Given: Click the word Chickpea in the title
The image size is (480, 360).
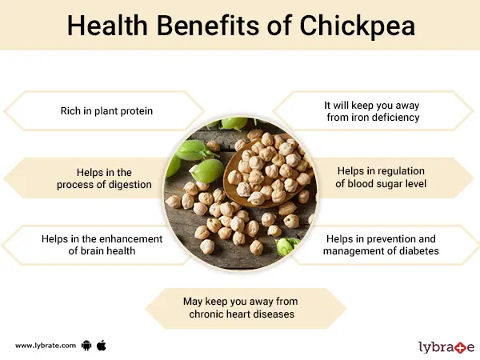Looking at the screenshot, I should [x=352, y=26].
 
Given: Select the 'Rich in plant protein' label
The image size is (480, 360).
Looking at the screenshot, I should [x=106, y=110].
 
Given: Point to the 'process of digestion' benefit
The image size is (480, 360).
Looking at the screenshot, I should [x=104, y=178].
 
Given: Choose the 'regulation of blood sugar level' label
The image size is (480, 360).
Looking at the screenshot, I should [x=373, y=178].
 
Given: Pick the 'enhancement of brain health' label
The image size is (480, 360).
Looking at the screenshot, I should [x=102, y=245].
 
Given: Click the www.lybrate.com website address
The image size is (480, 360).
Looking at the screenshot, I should [x=46, y=345].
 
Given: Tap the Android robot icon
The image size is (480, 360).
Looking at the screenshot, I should [x=86, y=345].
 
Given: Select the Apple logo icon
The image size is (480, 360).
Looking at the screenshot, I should [x=102, y=345].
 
